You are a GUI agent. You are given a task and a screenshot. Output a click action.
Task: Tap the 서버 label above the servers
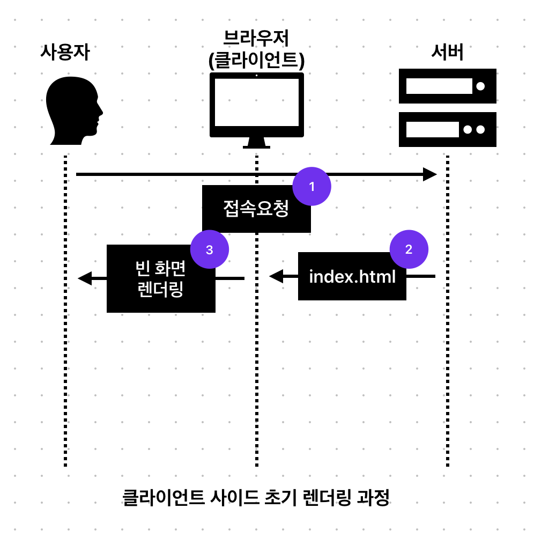click(x=447, y=53)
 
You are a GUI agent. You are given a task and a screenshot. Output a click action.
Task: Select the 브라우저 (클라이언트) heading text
click(x=256, y=49)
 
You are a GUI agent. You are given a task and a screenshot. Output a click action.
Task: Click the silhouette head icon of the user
click(x=72, y=110)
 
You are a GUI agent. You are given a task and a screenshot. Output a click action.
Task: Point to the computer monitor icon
click(x=256, y=107)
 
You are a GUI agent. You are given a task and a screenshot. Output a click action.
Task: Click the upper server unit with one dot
click(x=447, y=86)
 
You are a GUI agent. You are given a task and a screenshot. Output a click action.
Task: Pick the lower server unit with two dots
click(x=447, y=129)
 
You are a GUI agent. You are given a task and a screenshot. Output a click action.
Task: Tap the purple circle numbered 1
click(x=311, y=186)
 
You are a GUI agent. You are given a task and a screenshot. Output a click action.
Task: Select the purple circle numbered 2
click(x=409, y=249)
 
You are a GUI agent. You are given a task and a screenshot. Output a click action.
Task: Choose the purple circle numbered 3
click(x=210, y=249)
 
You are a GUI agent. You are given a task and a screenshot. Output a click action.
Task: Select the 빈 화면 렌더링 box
click(x=161, y=279)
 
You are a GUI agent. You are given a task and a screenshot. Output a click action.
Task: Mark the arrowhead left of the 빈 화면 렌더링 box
click(x=85, y=278)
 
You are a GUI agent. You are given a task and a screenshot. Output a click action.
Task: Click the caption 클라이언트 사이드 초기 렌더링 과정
click(x=256, y=498)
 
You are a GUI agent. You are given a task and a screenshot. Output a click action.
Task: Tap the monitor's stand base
click(x=256, y=145)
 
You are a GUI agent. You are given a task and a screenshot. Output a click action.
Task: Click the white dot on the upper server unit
click(x=480, y=86)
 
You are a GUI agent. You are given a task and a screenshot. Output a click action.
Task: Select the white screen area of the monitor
click(x=256, y=102)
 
